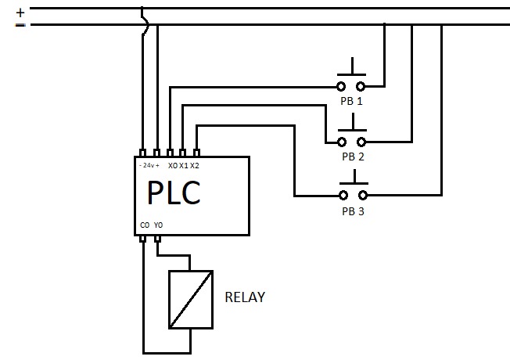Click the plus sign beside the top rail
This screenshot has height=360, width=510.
coord(20,12)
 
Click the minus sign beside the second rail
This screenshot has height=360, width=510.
coord(20,25)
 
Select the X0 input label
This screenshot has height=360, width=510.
coord(172,166)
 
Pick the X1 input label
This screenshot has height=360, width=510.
coord(183,166)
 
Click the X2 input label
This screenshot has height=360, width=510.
coord(195,166)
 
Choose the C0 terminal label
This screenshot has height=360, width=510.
coord(145,225)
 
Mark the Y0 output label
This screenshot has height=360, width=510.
coord(158,225)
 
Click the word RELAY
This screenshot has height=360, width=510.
coord(245,297)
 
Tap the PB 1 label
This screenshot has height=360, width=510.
coord(352,102)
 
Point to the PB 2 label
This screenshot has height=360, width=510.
coord(353,156)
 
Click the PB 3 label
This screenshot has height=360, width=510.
coord(353,211)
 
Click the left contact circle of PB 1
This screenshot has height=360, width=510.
coord(342,86)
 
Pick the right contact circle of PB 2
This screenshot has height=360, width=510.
coord(361,142)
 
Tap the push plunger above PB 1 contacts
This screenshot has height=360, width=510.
coord(352,69)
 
